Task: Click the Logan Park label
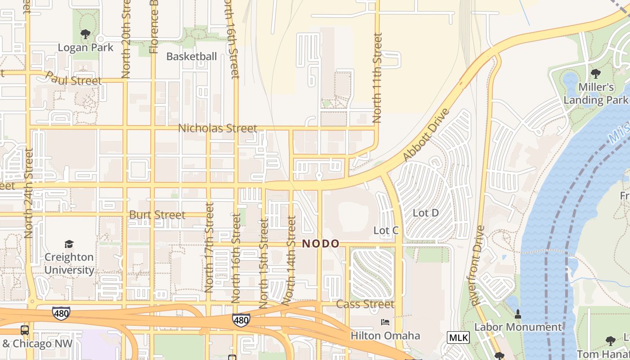(x=85, y=47)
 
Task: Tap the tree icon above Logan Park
(x=85, y=34)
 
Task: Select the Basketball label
(x=192, y=57)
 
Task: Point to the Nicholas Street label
(x=218, y=128)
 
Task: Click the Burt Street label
(x=157, y=215)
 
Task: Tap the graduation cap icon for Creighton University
(x=69, y=244)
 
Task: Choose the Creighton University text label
(x=69, y=264)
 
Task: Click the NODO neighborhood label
(x=320, y=244)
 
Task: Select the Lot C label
(x=386, y=230)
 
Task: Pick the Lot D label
(x=426, y=213)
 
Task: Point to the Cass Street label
(x=365, y=304)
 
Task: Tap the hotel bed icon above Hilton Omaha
(x=385, y=322)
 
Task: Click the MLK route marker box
(x=459, y=337)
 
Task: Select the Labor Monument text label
(x=518, y=327)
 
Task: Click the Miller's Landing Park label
(x=595, y=94)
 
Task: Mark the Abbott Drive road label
(x=426, y=135)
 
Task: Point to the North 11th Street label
(x=377, y=77)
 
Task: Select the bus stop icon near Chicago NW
(x=25, y=330)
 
